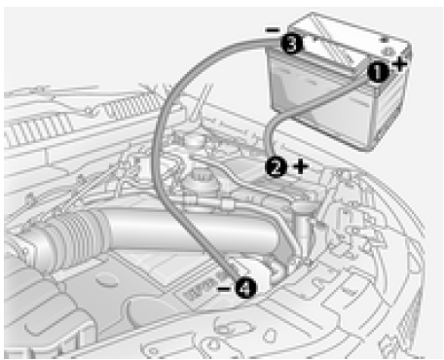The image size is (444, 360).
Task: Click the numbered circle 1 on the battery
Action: click(x=378, y=71)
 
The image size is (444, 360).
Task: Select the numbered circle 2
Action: click(x=276, y=167)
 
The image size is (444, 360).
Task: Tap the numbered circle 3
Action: click(x=291, y=44)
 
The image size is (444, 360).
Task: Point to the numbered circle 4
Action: click(x=245, y=287)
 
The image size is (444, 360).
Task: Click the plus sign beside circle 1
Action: click(x=399, y=64)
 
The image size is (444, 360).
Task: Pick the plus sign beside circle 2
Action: click(x=301, y=166)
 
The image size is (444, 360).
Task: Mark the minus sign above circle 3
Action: click(x=273, y=30)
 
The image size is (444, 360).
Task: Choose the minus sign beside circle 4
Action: click(x=225, y=288)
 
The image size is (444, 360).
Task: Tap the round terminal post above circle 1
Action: click(x=387, y=52)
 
